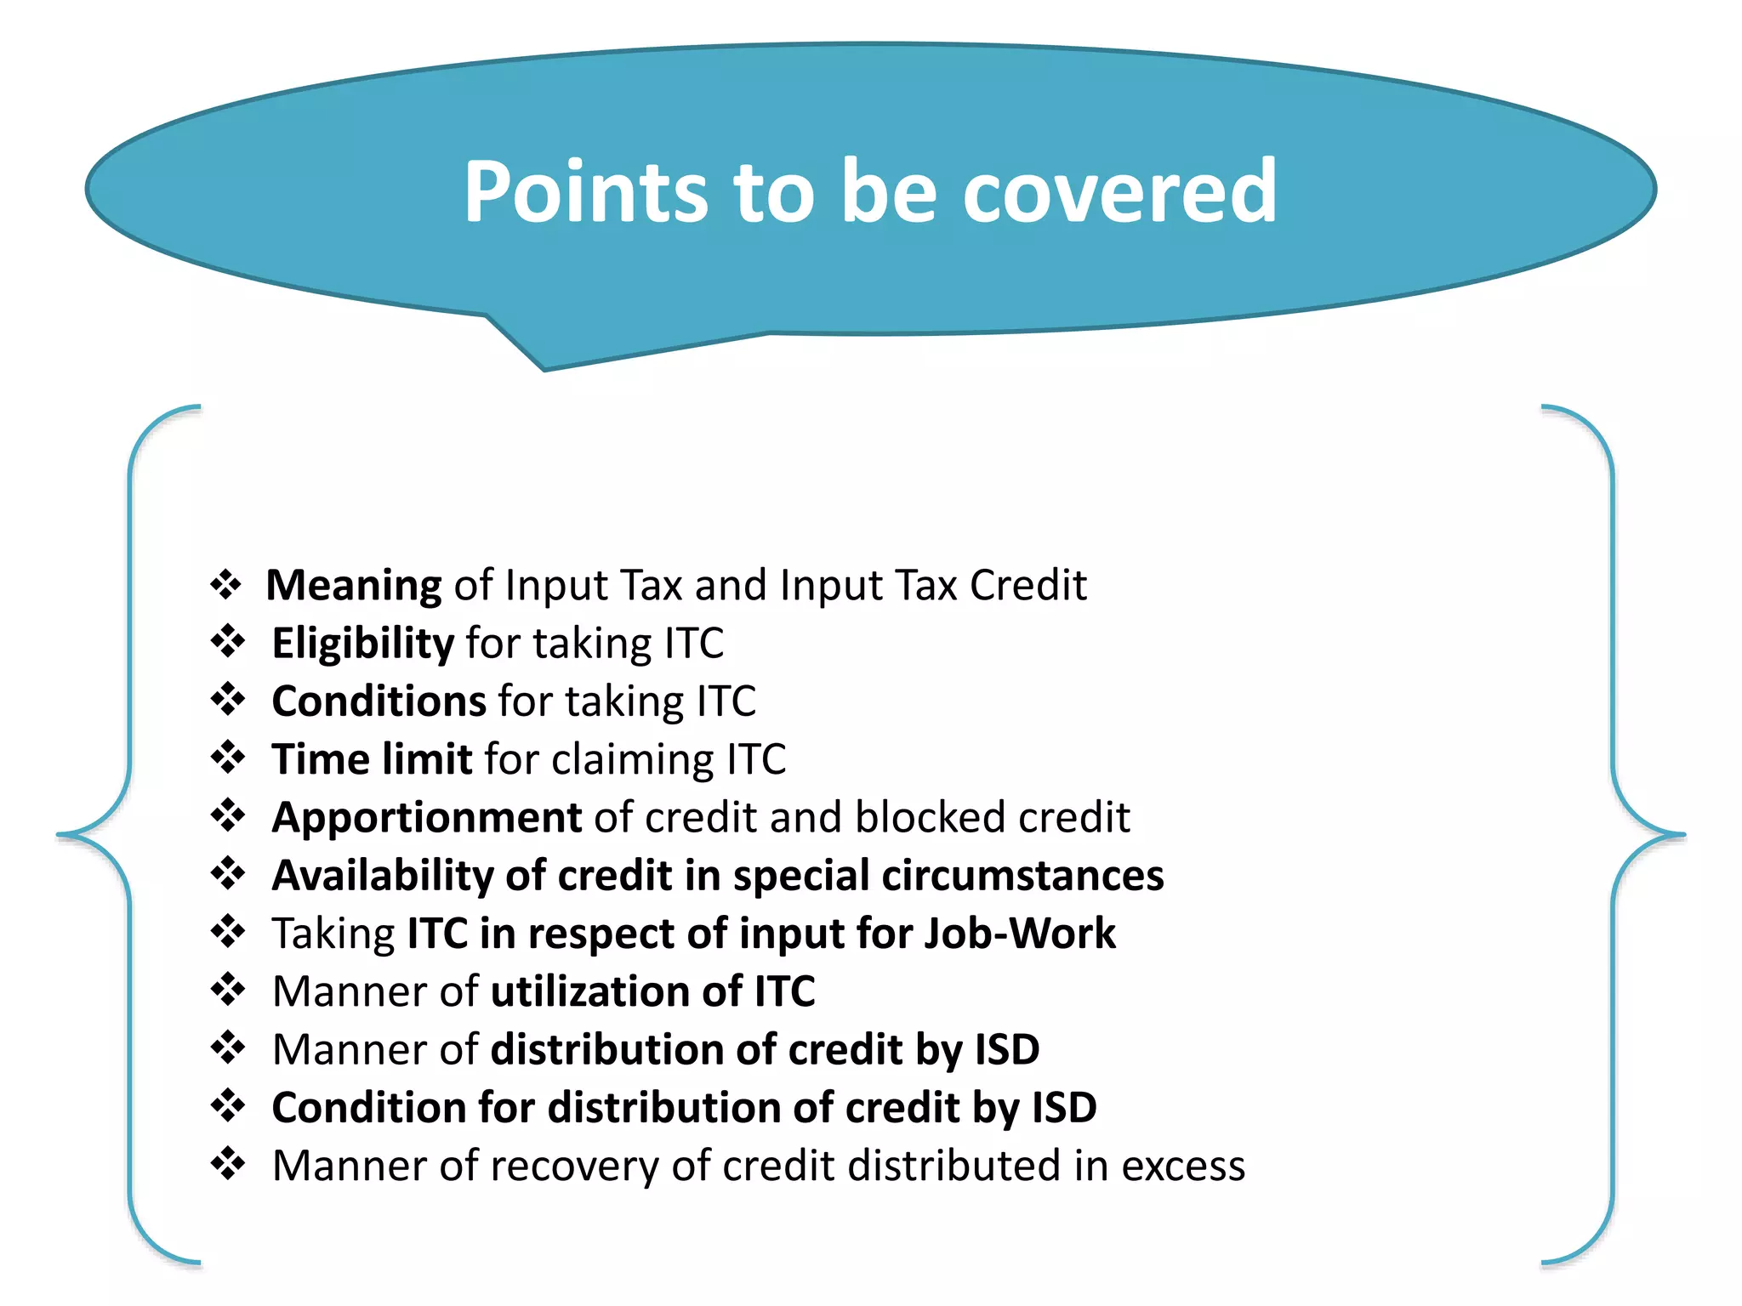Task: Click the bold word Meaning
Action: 353,585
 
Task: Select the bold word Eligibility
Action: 362,644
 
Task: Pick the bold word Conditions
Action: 379,701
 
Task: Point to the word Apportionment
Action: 426,818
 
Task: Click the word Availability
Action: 382,876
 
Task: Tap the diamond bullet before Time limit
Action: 228,757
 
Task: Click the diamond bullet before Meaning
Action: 226,584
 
